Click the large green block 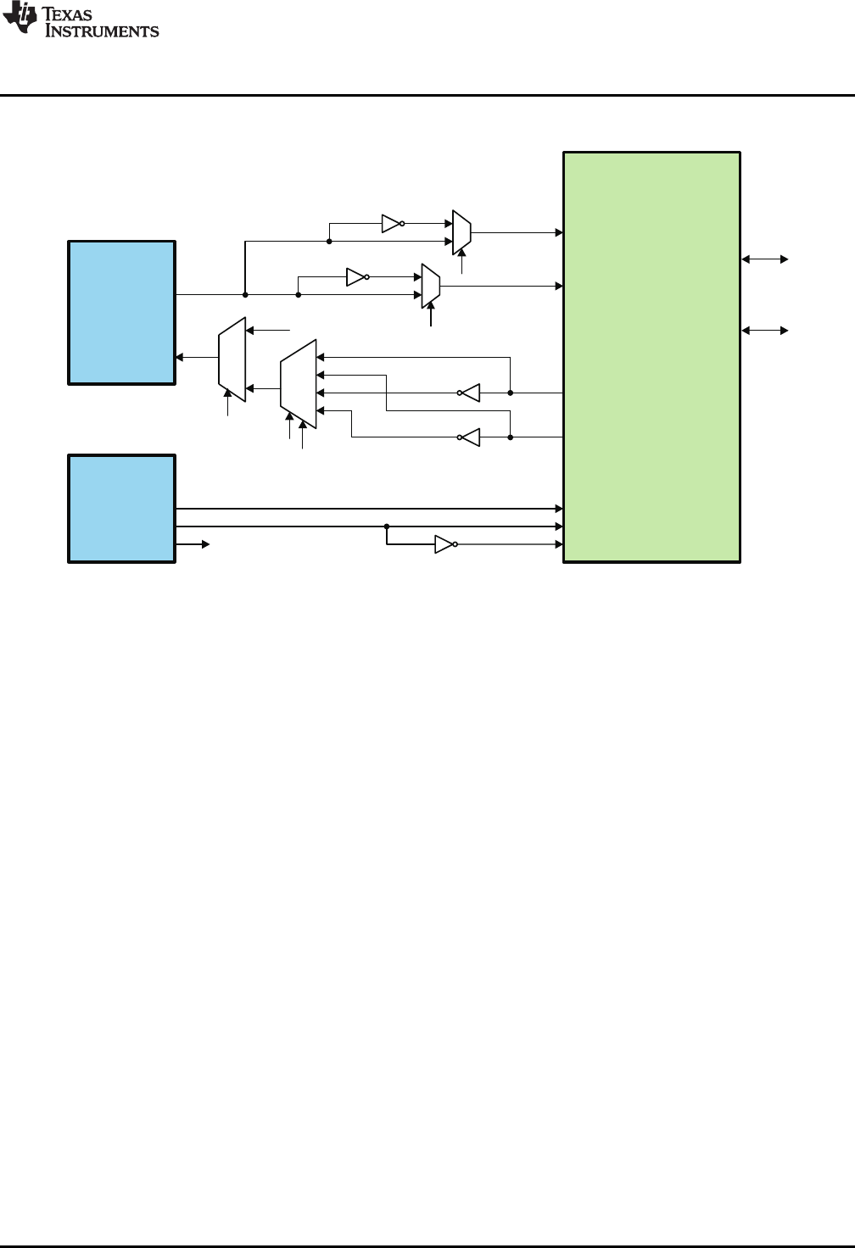[651, 356]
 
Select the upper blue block [121, 312]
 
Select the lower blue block [121, 508]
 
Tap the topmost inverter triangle [390, 224]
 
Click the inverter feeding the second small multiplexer [355, 276]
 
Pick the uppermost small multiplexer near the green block [461, 231]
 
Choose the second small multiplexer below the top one [431, 286]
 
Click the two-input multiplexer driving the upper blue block [232, 359]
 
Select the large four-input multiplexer [298, 384]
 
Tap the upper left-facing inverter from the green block [470, 393]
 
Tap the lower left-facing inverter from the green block [470, 437]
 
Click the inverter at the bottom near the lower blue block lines [444, 544]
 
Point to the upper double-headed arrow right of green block [766, 259]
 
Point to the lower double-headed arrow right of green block [766, 330]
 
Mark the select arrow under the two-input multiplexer [227, 404]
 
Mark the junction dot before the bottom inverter [387, 526]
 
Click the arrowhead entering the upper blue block [180, 357]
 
